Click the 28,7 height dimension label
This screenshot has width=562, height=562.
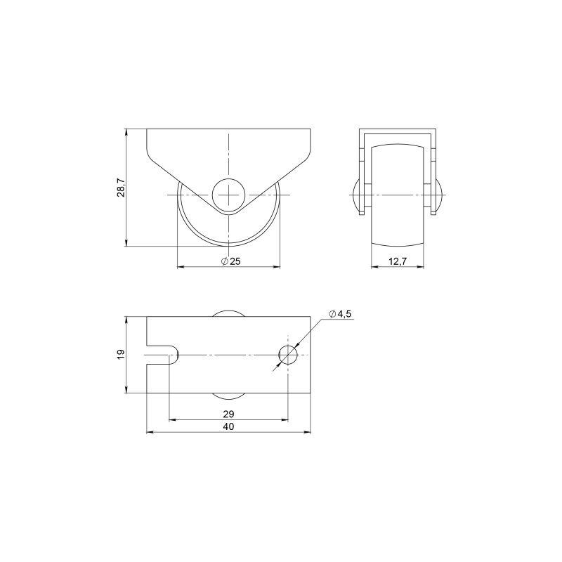[x=121, y=188]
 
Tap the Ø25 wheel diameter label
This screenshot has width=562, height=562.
[x=231, y=261]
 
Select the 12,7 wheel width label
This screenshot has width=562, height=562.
[x=398, y=261]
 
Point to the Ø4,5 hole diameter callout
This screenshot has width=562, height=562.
[x=340, y=314]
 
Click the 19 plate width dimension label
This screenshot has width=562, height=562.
[x=121, y=354]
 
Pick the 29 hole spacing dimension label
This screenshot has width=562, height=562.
[x=228, y=414]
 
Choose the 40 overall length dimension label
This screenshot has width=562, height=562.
[x=228, y=426]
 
